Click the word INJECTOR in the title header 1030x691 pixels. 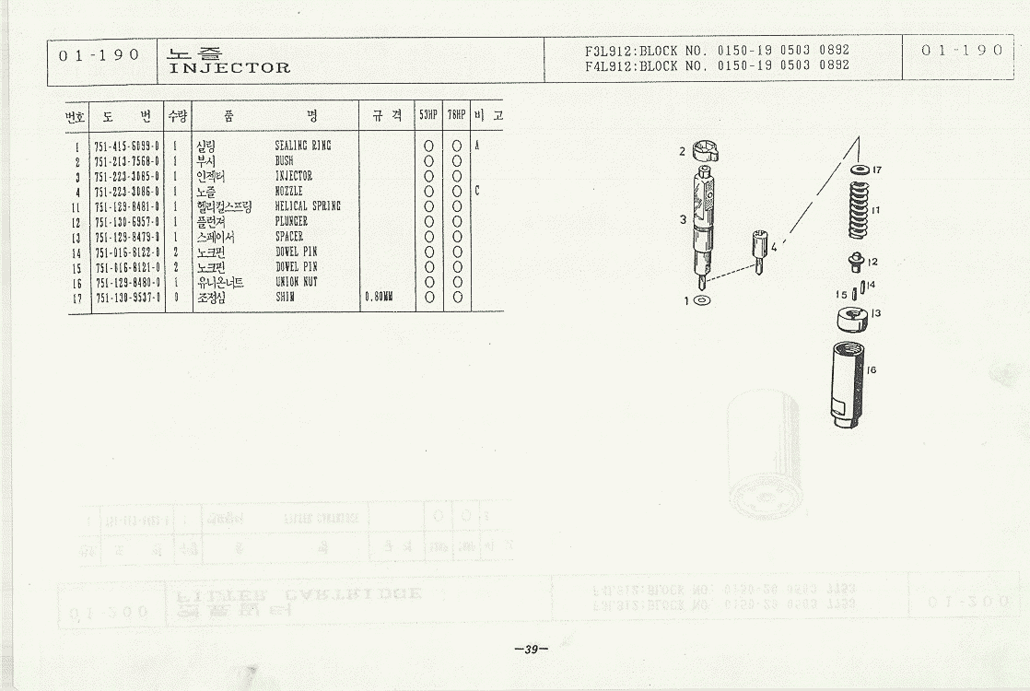pos(229,68)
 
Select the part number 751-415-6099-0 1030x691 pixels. pos(127,146)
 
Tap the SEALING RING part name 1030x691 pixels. pos(303,146)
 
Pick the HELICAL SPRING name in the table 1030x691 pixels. pos(308,206)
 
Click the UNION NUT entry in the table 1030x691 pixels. pos(297,282)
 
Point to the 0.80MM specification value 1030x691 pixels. pos(379,298)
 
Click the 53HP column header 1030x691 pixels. pos(428,116)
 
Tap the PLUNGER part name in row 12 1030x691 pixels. pos(292,221)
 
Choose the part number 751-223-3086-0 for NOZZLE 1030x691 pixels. pos(127,191)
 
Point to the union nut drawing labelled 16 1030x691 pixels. pos(847,383)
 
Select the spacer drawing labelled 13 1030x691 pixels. pos(851,318)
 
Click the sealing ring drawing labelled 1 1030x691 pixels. pos(701,300)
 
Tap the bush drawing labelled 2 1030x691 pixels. pos(704,150)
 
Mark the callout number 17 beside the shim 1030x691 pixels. pos(877,170)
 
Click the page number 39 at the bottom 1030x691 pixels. pos(531,650)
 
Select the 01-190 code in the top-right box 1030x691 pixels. pos(962,51)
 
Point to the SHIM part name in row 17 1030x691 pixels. pos(285,298)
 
